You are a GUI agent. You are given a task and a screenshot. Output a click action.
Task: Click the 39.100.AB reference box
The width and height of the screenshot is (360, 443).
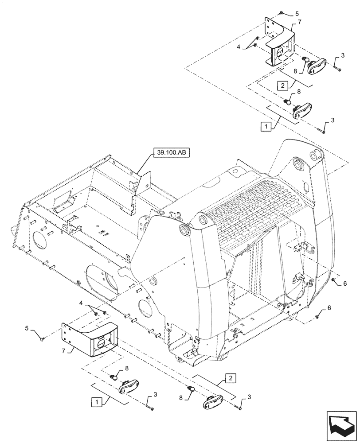point(171,153)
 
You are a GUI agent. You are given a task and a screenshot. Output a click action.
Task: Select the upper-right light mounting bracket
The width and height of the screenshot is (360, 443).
point(279,42)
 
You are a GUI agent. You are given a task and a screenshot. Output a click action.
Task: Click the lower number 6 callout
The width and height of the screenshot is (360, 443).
point(329,307)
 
